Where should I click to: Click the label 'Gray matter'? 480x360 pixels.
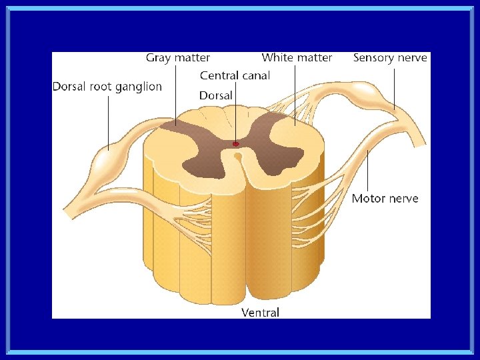pos(178,58)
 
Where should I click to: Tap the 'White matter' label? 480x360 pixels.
pos(297,58)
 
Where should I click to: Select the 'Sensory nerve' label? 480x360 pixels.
pos(390,58)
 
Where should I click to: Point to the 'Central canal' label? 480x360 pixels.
pos(235,76)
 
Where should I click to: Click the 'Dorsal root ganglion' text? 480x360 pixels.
pos(107,87)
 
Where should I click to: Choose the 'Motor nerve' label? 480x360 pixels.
pos(385,198)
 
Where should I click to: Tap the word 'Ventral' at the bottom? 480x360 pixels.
pos(260,312)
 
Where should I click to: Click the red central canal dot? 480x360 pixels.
pos(235,143)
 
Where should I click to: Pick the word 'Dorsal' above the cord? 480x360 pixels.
pos(216,96)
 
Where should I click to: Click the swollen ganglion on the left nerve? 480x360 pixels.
pos(107,160)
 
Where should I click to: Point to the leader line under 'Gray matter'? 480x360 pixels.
pos(177,93)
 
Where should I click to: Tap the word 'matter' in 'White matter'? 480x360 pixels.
pos(314,58)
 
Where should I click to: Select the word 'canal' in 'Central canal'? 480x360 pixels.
pos(256,76)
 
